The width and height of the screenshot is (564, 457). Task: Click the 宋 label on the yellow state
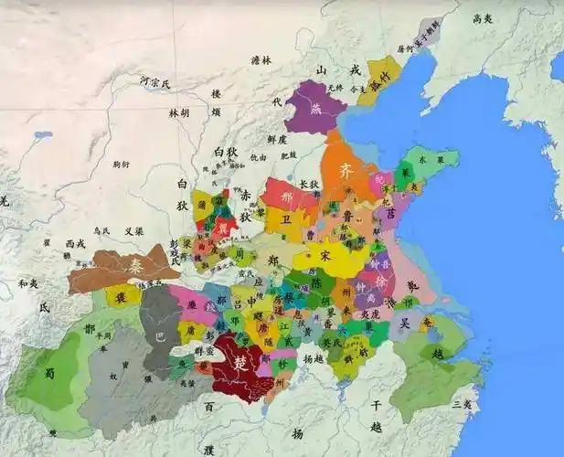coord(325,255)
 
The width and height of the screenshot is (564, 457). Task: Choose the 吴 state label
coord(404,324)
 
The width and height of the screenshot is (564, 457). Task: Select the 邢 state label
coord(287,196)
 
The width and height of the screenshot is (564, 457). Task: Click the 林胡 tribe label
coord(178,112)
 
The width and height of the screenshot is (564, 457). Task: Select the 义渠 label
coord(133,230)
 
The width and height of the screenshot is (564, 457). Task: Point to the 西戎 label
coord(74,244)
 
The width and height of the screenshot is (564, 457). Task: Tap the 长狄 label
coord(310,184)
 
